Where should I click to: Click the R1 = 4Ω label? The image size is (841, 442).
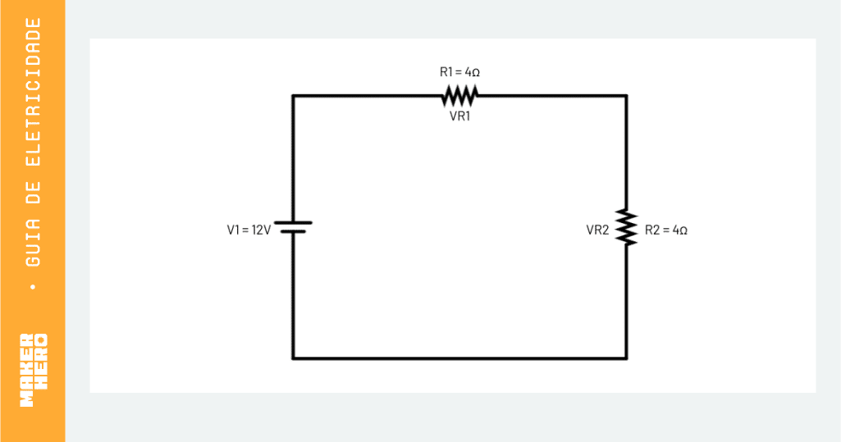tap(459, 72)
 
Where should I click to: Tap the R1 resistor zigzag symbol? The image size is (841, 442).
tap(459, 96)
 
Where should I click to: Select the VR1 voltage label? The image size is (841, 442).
tap(459, 116)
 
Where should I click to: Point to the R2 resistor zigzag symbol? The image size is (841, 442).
tap(626, 228)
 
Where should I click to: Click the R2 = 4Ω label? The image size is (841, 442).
tap(665, 230)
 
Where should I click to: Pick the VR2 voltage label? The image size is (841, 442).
tap(597, 230)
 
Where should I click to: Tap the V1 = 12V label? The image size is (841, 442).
tap(249, 230)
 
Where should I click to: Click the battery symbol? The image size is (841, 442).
tap(293, 227)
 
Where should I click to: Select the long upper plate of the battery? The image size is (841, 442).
tap(293, 222)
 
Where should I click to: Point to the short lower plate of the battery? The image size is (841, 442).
tap(293, 232)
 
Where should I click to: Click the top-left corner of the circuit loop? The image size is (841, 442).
tap(293, 96)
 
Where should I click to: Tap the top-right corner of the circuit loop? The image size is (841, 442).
tap(626, 96)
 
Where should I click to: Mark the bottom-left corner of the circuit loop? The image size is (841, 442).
tap(293, 358)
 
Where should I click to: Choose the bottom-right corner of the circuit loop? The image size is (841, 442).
tap(626, 358)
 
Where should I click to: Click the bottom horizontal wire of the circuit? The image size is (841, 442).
tap(459, 358)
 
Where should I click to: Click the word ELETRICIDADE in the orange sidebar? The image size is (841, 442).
tap(34, 92)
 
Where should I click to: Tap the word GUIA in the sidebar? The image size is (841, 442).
tap(34, 242)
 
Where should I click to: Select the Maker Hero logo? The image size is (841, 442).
tap(34, 370)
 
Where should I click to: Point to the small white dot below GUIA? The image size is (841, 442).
tap(34, 287)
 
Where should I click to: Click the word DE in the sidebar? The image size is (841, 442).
tap(34, 193)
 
